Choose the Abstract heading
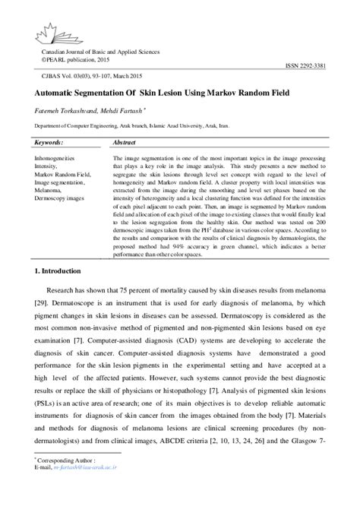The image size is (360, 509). point(124,143)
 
